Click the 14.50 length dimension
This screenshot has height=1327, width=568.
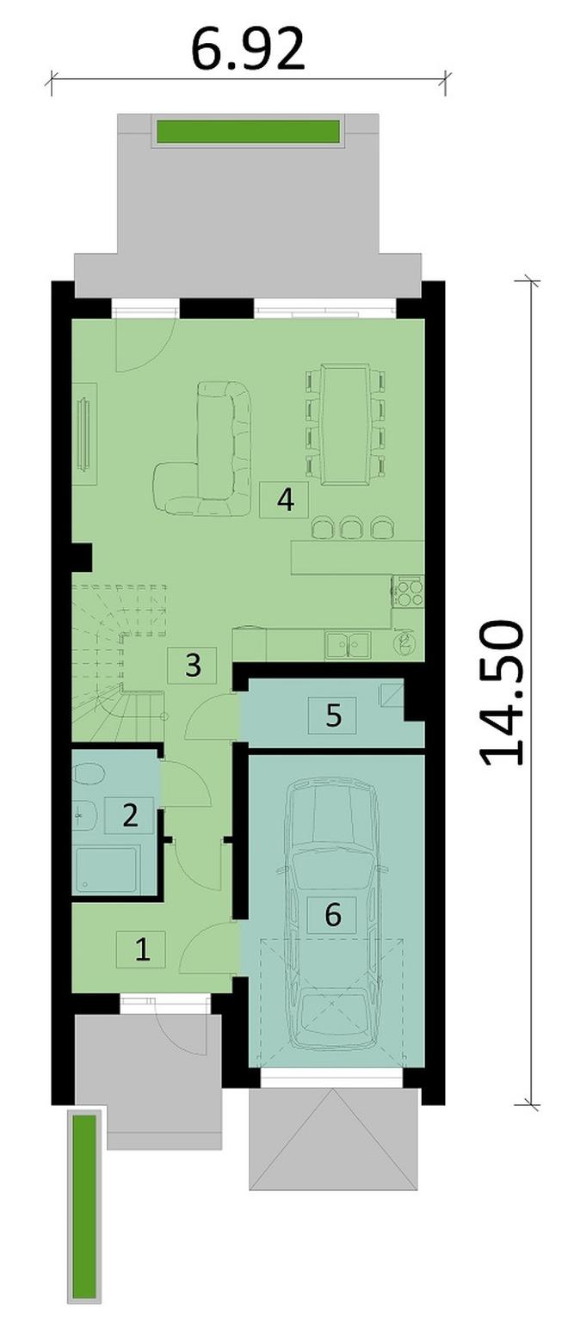501,694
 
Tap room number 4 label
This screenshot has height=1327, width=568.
285,500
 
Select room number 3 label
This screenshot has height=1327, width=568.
193,666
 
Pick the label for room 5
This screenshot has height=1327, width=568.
332,715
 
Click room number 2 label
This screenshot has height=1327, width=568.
129,815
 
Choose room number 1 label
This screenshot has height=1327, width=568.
141,949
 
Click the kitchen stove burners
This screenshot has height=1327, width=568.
408,591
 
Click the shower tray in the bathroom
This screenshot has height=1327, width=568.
106,870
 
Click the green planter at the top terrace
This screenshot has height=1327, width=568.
248,132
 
